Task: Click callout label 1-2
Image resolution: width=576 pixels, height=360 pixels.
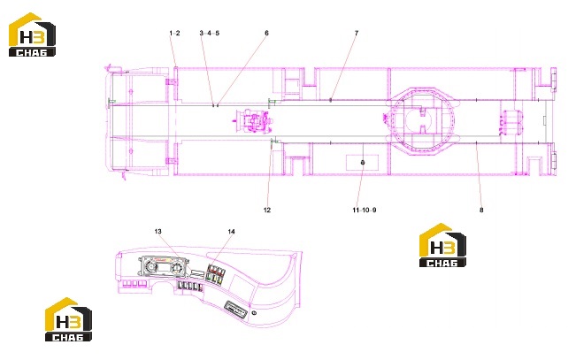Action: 174,33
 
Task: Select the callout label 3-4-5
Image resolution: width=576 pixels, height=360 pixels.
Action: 210,33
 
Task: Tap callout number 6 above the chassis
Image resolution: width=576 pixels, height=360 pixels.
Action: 266,33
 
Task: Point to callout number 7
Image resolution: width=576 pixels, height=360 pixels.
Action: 357,33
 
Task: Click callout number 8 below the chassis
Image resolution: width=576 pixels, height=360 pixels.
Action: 481,211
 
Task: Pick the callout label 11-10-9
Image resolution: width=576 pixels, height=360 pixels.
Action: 365,211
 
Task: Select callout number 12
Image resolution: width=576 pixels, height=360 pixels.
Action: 267,211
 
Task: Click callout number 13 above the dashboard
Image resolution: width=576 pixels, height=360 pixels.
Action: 158,232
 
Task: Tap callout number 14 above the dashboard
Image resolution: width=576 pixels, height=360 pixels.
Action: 231,232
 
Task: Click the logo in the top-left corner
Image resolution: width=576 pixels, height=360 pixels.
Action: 33,34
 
